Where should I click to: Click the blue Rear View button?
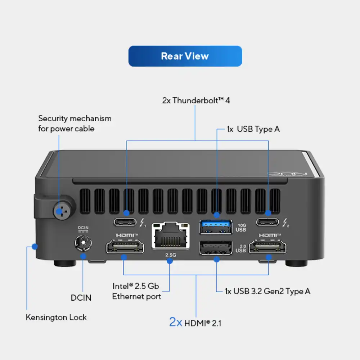pyautogui.click(x=185, y=56)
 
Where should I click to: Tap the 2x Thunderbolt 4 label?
pyautogui.click(x=196, y=100)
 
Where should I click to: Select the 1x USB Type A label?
pyautogui.click(x=253, y=129)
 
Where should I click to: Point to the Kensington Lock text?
pyautogui.click(x=56, y=317)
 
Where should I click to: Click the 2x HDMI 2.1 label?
pyautogui.click(x=195, y=323)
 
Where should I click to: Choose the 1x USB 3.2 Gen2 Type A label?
pyautogui.click(x=267, y=291)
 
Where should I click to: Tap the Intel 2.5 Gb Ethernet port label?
pyautogui.click(x=136, y=291)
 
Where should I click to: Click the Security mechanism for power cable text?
pyautogui.click(x=75, y=123)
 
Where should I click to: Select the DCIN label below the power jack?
pyautogui.click(x=81, y=298)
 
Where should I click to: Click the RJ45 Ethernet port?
pyautogui.click(x=171, y=236)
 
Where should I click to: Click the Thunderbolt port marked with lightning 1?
pyautogui.click(x=125, y=221)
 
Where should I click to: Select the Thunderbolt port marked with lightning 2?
pyautogui.click(x=268, y=221)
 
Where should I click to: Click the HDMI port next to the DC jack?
pyautogui.click(x=125, y=248)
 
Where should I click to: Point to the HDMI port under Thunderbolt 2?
pyautogui.click(x=268, y=248)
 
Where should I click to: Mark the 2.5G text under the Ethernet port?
pyautogui.click(x=171, y=255)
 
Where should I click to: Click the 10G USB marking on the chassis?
pyautogui.click(x=241, y=227)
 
